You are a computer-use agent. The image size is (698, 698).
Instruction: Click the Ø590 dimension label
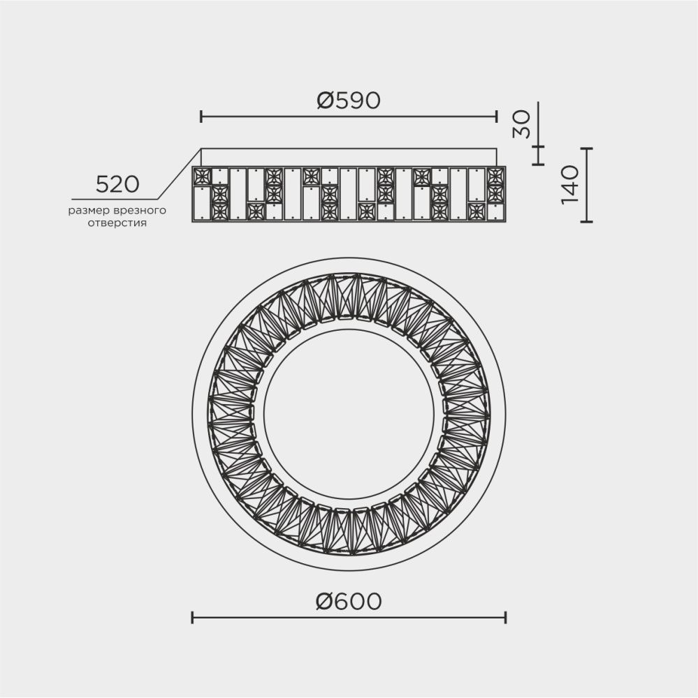(x=348, y=101)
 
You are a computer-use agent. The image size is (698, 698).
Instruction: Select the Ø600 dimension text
(x=348, y=600)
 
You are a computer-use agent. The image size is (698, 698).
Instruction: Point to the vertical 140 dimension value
(x=572, y=185)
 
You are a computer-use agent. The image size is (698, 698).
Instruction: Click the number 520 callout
(x=117, y=185)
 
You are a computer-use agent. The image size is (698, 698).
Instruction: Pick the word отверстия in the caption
(x=117, y=224)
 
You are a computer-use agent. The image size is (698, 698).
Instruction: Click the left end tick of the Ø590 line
(x=201, y=116)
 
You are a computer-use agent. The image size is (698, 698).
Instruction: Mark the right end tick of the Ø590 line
(x=496, y=116)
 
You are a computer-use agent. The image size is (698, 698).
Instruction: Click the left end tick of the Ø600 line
(x=192, y=616)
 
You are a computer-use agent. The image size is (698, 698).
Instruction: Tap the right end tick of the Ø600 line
(x=505, y=616)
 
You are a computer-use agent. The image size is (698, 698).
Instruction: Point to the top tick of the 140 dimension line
(x=586, y=149)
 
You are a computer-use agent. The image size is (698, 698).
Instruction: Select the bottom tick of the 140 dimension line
(x=586, y=222)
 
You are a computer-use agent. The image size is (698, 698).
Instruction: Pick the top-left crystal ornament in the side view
(x=202, y=175)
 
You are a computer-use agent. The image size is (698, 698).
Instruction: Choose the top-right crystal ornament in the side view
(x=495, y=175)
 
